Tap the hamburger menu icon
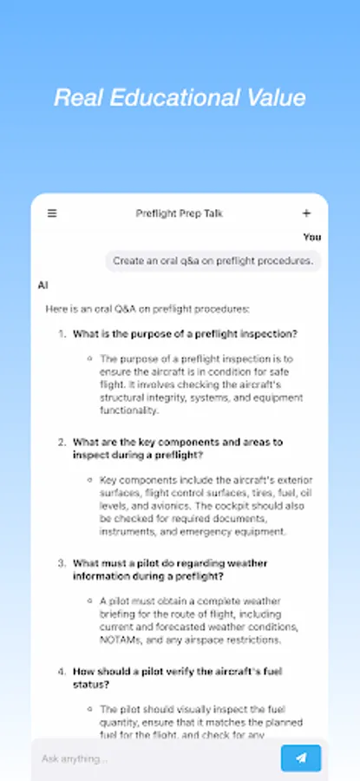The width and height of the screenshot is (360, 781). pyautogui.click(x=52, y=213)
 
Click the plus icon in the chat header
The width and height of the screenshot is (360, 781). pyautogui.click(x=306, y=213)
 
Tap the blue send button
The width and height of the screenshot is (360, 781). pyautogui.click(x=300, y=758)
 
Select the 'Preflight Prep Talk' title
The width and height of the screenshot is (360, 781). pyautogui.click(x=180, y=213)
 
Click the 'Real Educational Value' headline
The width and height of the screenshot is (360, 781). pyautogui.click(x=180, y=97)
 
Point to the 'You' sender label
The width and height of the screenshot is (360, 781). pyautogui.click(x=312, y=236)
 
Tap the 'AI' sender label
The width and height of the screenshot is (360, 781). pyautogui.click(x=43, y=284)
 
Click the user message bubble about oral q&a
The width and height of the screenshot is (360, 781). pyautogui.click(x=214, y=260)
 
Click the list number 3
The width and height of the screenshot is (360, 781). pyautogui.click(x=62, y=562)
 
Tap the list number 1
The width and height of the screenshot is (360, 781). pyautogui.click(x=62, y=333)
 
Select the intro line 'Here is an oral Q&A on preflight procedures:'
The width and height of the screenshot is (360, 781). pyautogui.click(x=147, y=308)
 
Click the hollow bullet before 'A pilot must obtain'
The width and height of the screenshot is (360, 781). pyautogui.click(x=89, y=601)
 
